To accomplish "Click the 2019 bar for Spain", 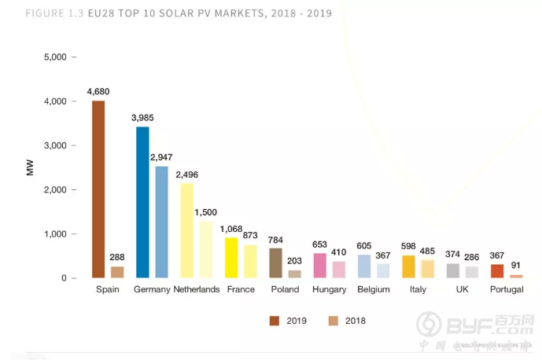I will coord(98,189).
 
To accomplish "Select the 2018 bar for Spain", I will coord(116,272).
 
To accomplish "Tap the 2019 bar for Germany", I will coord(142,203).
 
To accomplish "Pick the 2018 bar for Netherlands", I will coord(205,250).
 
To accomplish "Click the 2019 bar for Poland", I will coord(275,263).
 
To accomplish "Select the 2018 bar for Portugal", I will coord(516,276).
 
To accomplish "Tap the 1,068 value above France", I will coord(231,229).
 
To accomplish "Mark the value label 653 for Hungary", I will coord(319,244).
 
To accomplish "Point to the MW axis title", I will coord(31,167).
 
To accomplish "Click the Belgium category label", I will coord(373,290).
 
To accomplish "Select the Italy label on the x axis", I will coord(418,290).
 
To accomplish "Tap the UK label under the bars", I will coord(462,290).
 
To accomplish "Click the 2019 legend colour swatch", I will coord(275,320).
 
